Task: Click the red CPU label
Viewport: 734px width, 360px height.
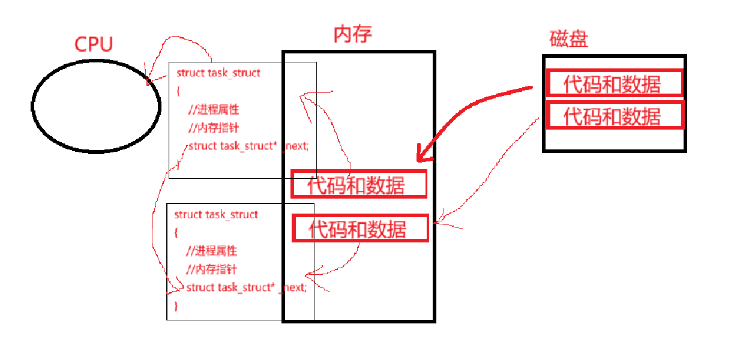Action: [x=94, y=44]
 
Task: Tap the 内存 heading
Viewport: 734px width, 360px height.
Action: [x=352, y=34]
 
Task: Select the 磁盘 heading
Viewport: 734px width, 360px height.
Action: [x=568, y=39]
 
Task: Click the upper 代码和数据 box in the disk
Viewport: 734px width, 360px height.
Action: [x=613, y=83]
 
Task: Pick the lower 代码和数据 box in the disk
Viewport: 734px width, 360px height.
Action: [x=613, y=115]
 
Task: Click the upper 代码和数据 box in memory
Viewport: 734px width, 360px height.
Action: [x=358, y=184]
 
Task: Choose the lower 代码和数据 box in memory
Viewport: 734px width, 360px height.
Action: [x=360, y=228]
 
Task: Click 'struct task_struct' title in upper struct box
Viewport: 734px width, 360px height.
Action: [x=218, y=73]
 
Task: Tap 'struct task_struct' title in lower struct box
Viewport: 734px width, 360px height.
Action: [x=216, y=214]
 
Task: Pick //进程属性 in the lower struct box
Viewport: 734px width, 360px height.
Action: [x=211, y=251]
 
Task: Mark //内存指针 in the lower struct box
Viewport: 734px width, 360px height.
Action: [x=211, y=269]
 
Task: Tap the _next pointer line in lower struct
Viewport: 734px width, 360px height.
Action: [x=246, y=287]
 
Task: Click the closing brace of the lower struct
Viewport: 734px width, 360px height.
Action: [x=176, y=306]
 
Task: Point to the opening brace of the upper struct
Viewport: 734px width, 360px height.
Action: [x=178, y=91]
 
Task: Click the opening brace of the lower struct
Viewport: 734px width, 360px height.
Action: [x=176, y=232]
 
